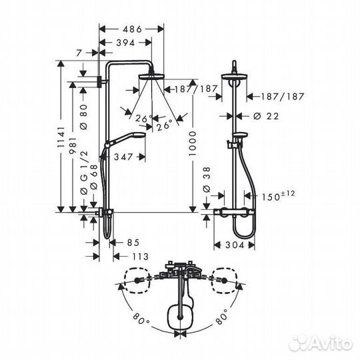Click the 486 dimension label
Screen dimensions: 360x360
(133, 29)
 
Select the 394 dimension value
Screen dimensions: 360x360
(125, 43)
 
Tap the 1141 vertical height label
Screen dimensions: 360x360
(61, 137)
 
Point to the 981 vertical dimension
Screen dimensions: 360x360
(73, 145)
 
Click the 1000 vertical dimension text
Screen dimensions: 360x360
(193, 143)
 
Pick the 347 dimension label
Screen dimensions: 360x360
(123, 157)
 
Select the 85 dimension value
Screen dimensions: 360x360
(133, 243)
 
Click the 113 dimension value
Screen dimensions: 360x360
(140, 257)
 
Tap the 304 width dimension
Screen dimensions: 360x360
(235, 245)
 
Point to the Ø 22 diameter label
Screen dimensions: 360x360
(266, 116)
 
